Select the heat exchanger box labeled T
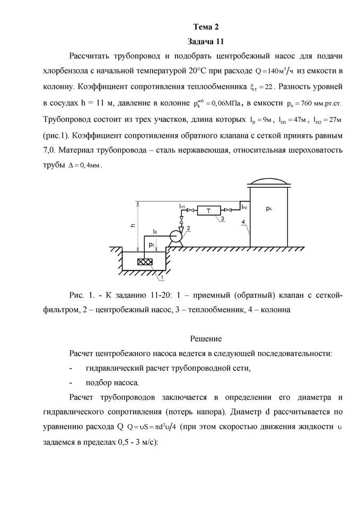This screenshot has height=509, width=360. tap(208, 210)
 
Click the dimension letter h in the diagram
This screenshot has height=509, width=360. tap(133, 225)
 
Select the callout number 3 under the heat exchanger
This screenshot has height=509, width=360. tap(223, 218)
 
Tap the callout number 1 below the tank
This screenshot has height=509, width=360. tap(162, 277)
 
